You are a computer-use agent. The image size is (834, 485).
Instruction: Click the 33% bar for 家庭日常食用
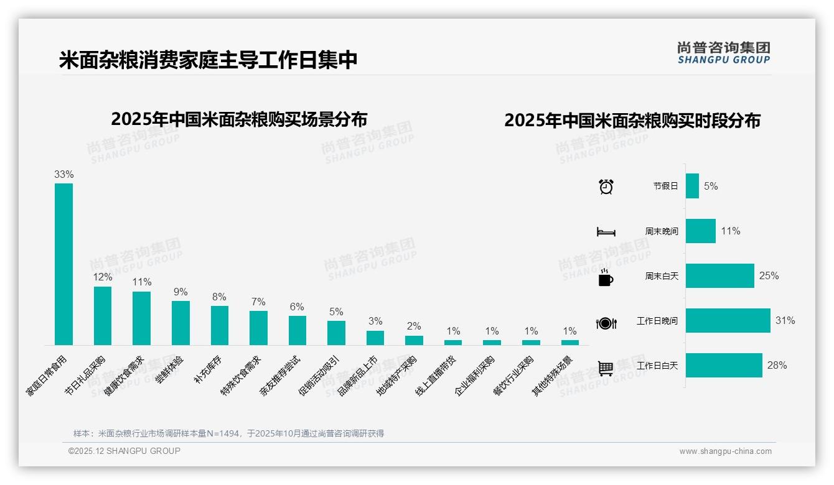63,264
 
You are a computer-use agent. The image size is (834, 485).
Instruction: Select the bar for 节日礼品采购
103,315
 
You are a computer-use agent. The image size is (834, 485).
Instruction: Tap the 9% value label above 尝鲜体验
180,292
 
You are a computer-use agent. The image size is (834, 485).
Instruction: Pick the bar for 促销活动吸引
336,333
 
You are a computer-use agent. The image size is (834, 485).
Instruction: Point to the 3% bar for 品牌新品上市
375,338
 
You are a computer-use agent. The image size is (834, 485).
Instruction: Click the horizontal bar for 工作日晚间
728,321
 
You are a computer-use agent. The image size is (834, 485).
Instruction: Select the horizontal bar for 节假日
692,186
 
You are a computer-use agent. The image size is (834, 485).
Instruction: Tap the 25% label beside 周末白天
769,275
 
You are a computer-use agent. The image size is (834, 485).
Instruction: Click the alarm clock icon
606,187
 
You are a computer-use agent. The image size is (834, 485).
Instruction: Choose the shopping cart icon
606,368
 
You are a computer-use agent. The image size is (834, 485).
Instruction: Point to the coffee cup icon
606,277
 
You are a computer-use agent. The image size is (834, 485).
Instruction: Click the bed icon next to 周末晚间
606,232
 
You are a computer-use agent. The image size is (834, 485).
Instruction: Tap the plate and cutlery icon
606,323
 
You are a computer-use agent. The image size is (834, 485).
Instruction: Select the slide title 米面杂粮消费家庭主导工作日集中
208,60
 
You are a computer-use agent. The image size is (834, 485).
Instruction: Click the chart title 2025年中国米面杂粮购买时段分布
632,120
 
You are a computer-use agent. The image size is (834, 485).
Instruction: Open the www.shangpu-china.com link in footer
725,451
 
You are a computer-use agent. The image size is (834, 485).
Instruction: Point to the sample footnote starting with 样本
228,433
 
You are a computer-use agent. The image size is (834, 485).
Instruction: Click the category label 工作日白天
657,366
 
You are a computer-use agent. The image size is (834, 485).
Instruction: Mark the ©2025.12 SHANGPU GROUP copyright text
124,451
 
